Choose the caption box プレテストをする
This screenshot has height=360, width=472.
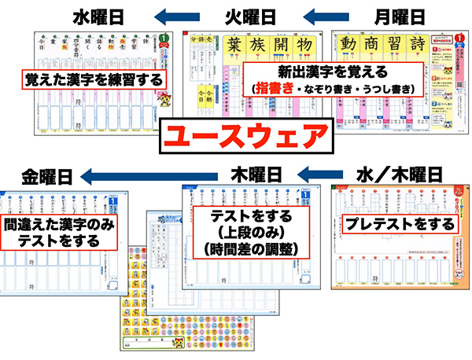point(400,224)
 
